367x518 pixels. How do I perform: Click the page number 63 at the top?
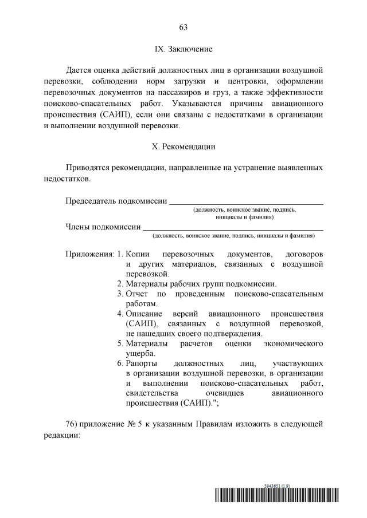coord(183,27)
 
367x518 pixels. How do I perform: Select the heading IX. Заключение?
coord(183,49)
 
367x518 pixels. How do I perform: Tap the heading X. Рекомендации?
coord(183,147)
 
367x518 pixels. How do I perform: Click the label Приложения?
coord(90,254)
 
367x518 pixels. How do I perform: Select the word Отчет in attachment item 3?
coord(136,294)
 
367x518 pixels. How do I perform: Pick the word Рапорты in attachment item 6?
coord(142,363)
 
